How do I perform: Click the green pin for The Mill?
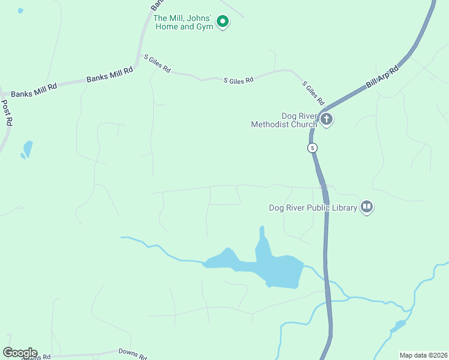pyautogui.click(x=223, y=22)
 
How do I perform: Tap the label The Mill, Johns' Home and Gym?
pyautogui.click(x=183, y=22)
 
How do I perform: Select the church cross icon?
pyautogui.click(x=327, y=119)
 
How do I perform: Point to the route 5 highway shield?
pyautogui.click(x=312, y=148)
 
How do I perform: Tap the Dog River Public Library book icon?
pyautogui.click(x=367, y=208)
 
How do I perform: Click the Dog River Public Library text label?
pyautogui.click(x=313, y=208)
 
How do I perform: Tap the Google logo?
pyautogui.click(x=20, y=353)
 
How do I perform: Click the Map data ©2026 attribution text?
pyautogui.click(x=423, y=355)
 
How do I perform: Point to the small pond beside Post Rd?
pyautogui.click(x=27, y=149)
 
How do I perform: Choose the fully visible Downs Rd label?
pyautogui.click(x=132, y=354)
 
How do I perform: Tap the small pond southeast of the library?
pyautogui.click(x=397, y=326)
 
